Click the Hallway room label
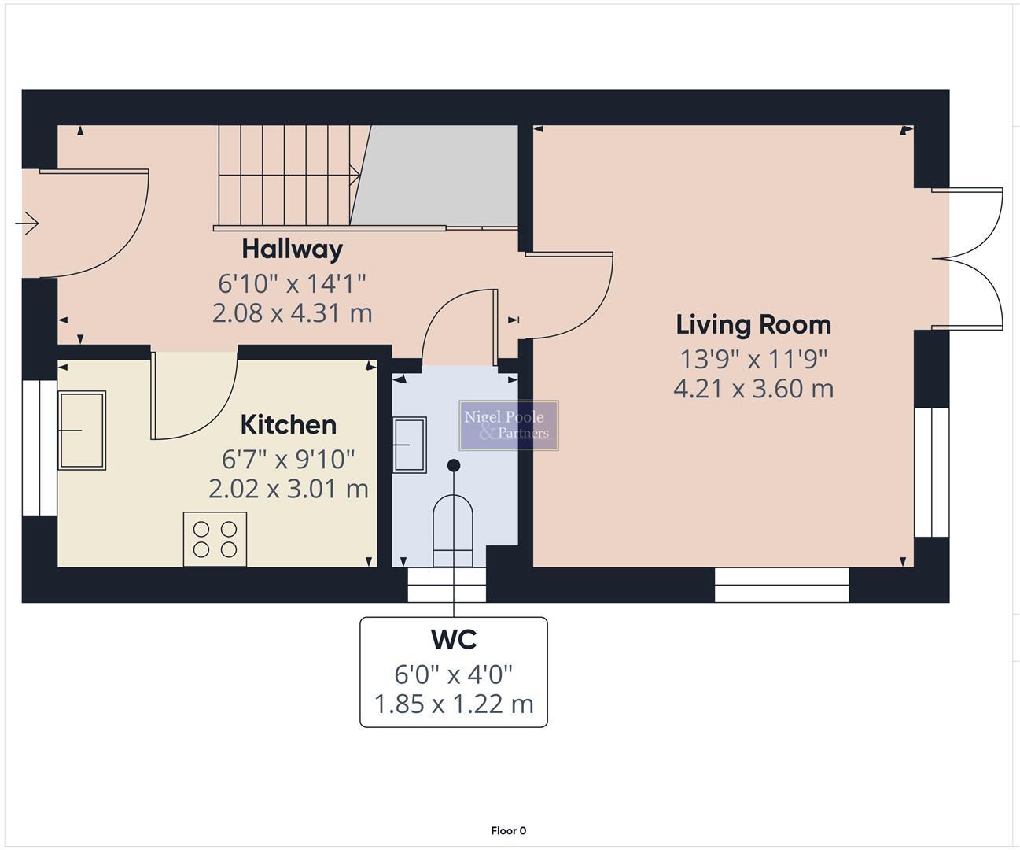292,249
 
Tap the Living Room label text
753,325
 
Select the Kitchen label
288,425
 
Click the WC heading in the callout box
454,640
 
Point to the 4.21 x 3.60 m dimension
753,389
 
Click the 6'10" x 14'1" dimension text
292,282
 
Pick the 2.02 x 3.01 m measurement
288,489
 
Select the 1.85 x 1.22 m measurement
454,704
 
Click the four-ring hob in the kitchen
215,539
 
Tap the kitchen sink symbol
81,430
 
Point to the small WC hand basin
409,445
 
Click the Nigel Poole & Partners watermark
508,425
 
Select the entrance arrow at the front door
28,224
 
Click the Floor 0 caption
508,830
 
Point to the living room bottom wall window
782,585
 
